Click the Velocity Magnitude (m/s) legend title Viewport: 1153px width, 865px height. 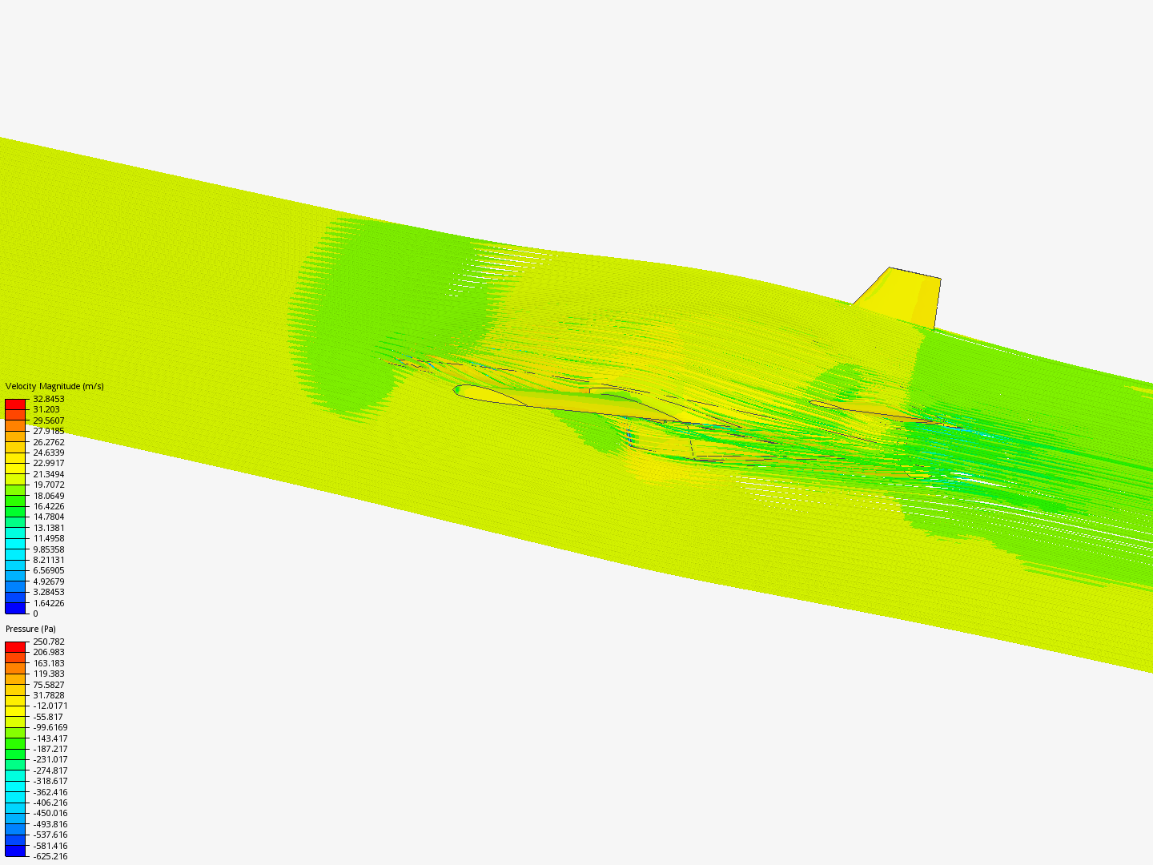click(54, 386)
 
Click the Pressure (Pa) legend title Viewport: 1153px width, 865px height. click(30, 629)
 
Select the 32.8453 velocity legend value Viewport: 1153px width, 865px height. click(48, 399)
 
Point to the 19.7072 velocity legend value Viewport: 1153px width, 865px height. click(48, 485)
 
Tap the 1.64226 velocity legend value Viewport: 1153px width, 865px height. click(48, 603)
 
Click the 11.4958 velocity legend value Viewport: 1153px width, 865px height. click(48, 538)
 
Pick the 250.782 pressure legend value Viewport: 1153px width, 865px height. click(48, 642)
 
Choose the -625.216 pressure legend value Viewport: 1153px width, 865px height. click(50, 856)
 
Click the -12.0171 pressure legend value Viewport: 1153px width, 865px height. click(50, 706)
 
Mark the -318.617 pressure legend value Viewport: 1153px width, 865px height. click(50, 781)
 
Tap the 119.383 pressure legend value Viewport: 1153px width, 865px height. click(48, 674)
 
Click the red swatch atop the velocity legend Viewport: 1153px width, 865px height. click(15, 404)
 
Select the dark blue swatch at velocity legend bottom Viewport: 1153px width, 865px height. click(15, 608)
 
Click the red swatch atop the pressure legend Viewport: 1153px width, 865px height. click(15, 647)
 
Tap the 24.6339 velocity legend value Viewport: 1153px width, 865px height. click(48, 453)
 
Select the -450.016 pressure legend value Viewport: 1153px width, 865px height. click(50, 813)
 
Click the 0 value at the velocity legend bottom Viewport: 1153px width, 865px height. click(35, 614)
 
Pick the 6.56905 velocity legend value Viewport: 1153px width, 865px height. click(48, 570)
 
